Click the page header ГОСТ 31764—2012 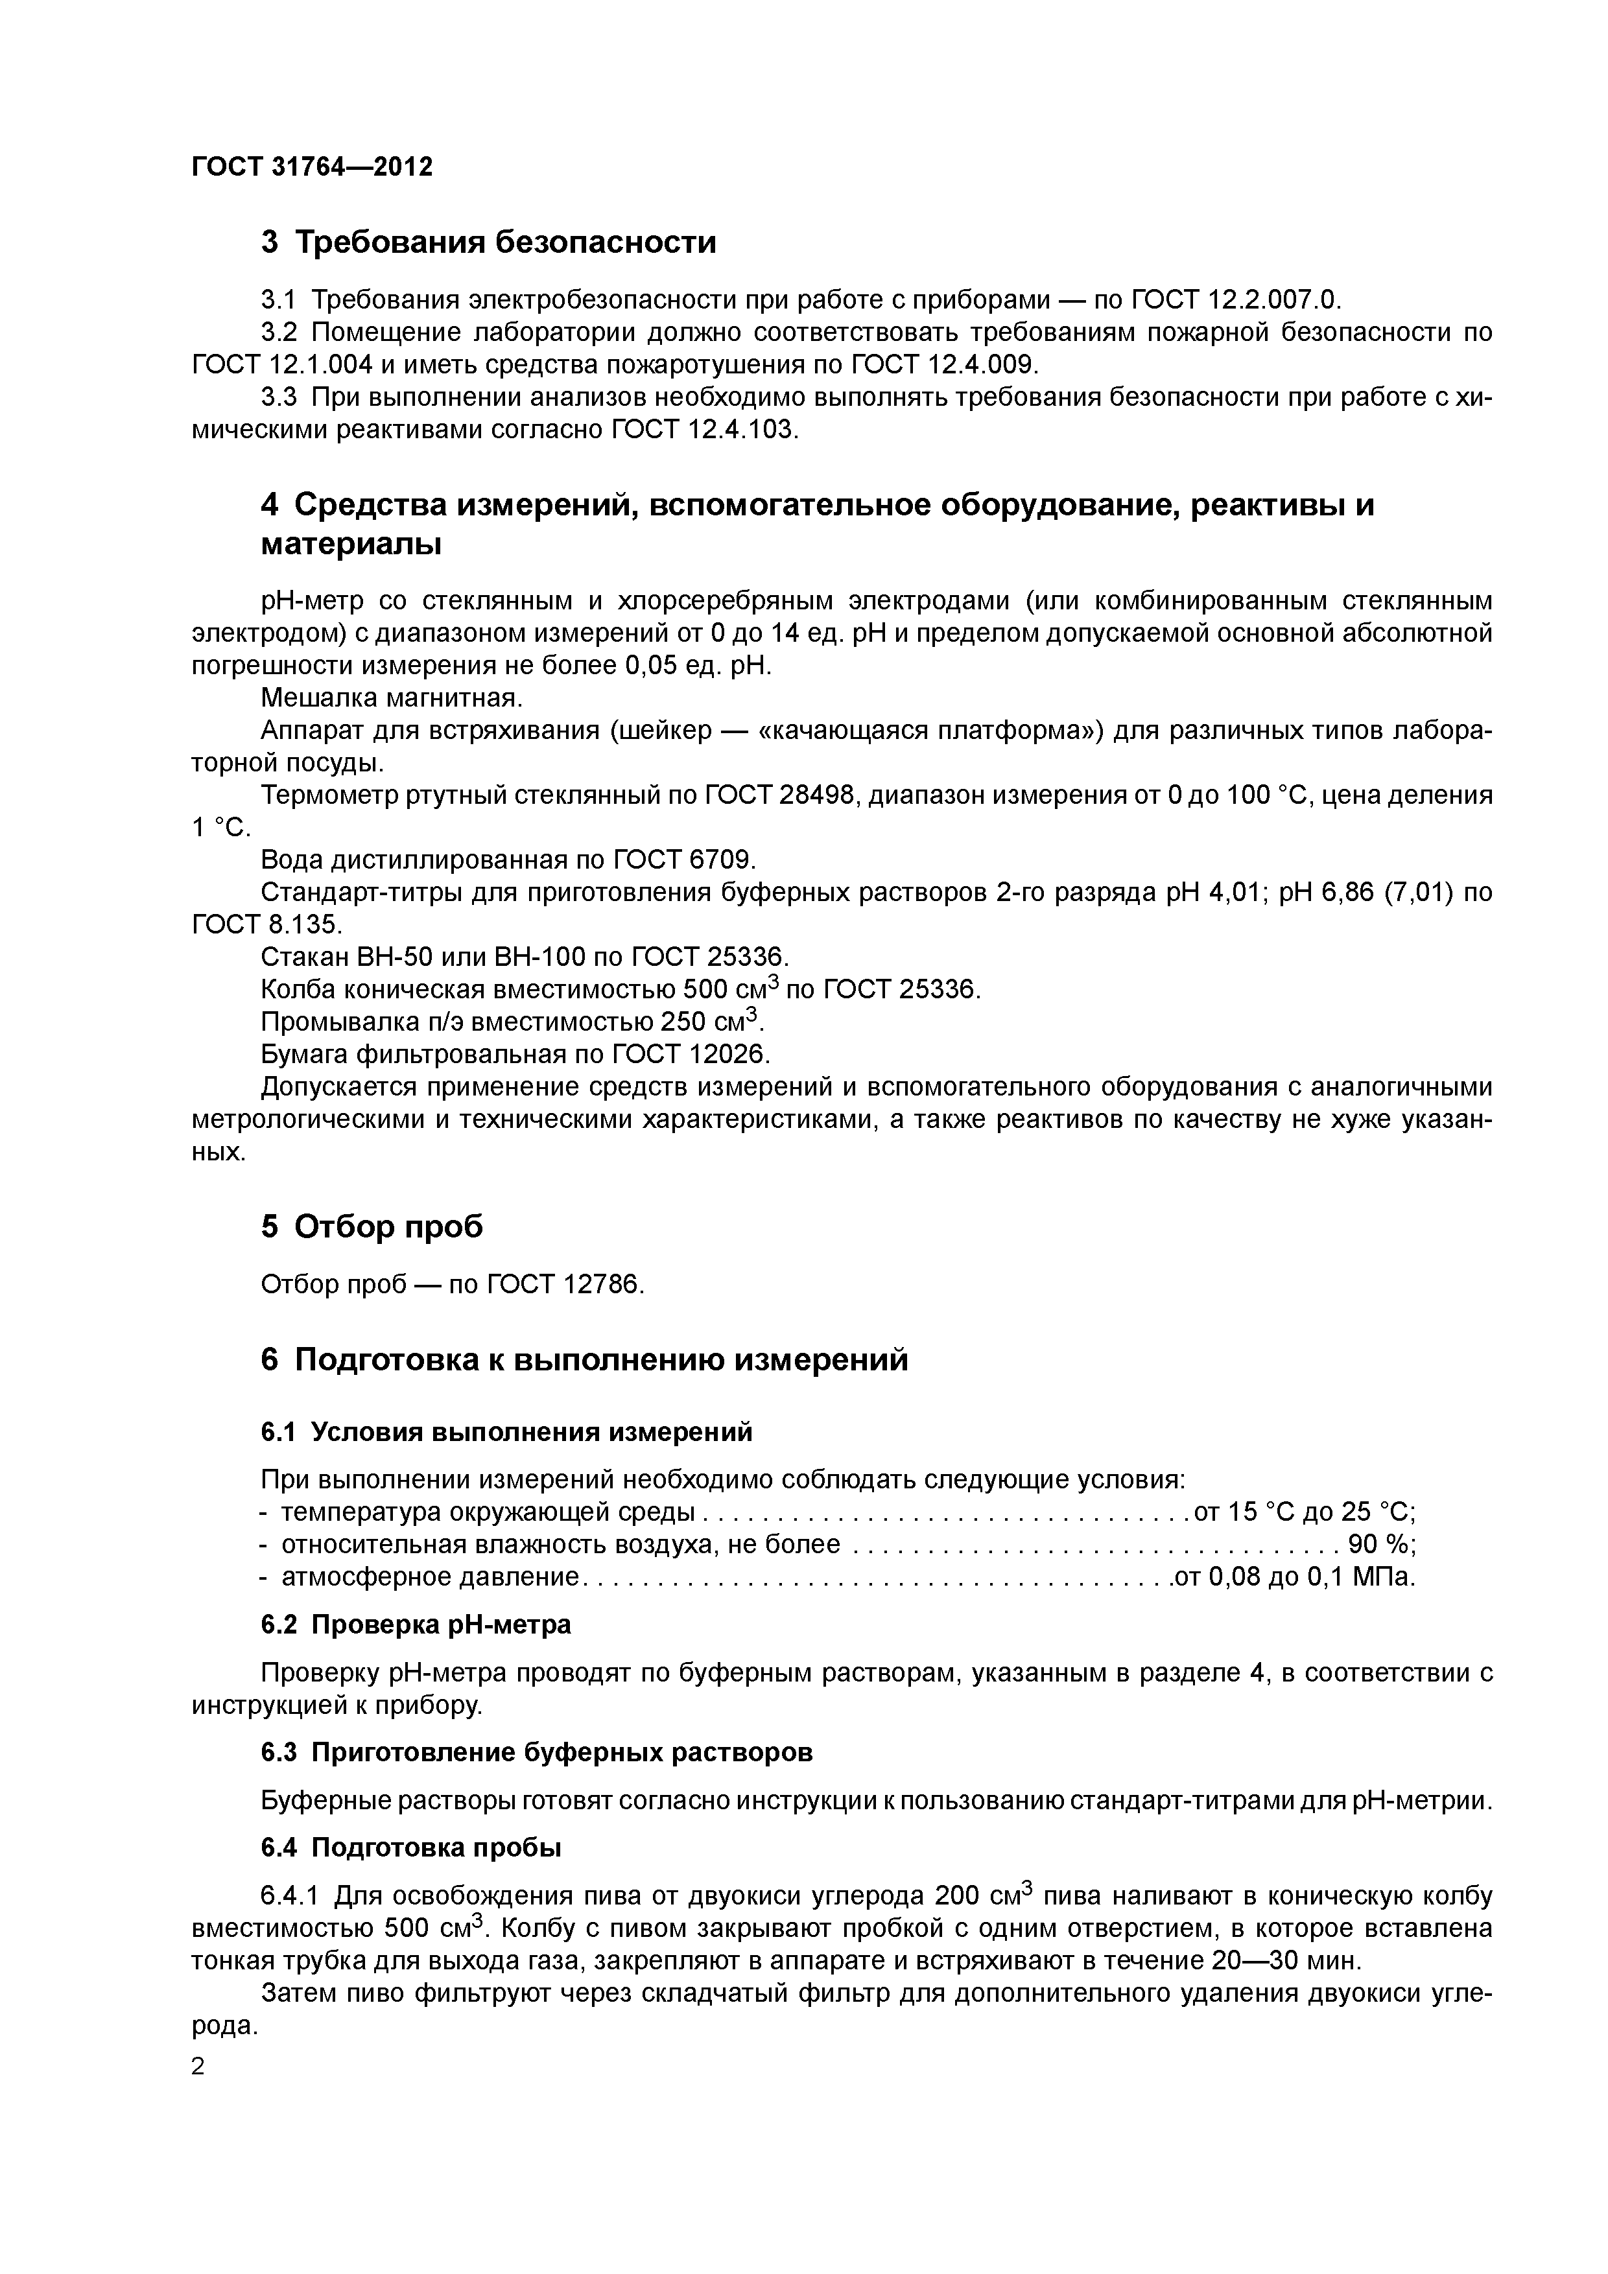click(312, 167)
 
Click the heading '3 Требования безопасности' click(488, 242)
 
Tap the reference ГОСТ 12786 click(566, 1285)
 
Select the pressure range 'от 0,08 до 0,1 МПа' click(1293, 1577)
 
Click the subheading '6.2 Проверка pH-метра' click(416, 1625)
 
